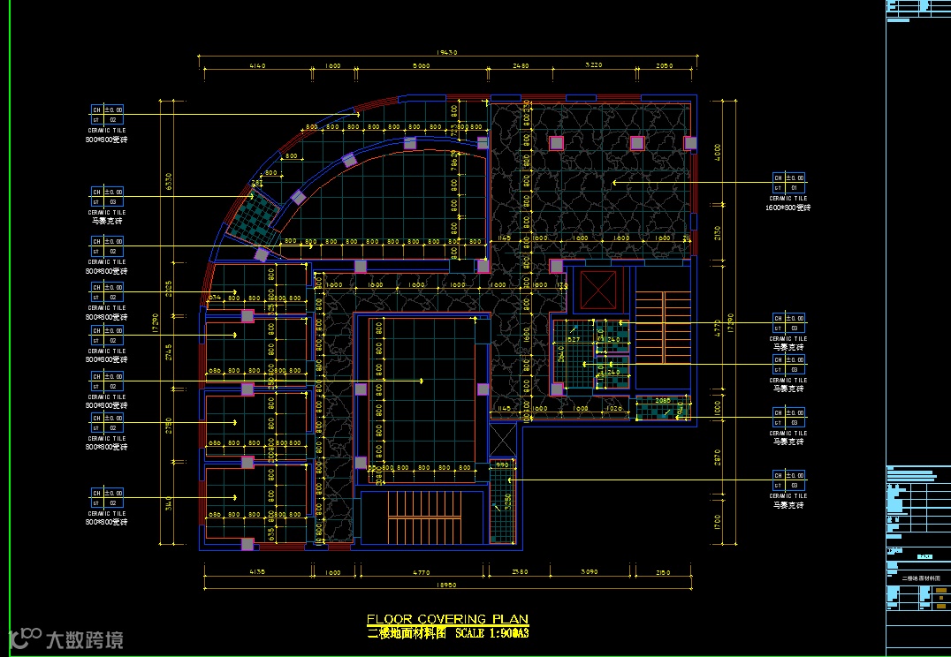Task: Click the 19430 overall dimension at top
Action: [x=448, y=53]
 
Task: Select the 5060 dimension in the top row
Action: [x=421, y=66]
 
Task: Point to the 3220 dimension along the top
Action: [x=594, y=66]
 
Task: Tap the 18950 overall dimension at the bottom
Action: [x=445, y=585]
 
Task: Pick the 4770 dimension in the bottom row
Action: [x=419, y=573]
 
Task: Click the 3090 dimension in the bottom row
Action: [x=588, y=573]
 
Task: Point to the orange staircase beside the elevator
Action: [x=662, y=328]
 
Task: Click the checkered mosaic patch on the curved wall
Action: [x=254, y=215]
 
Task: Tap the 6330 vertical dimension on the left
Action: [x=169, y=182]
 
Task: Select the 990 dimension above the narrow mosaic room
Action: [x=501, y=464]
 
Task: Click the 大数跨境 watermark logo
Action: [x=66, y=638]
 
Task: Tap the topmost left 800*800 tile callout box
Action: [x=107, y=115]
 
